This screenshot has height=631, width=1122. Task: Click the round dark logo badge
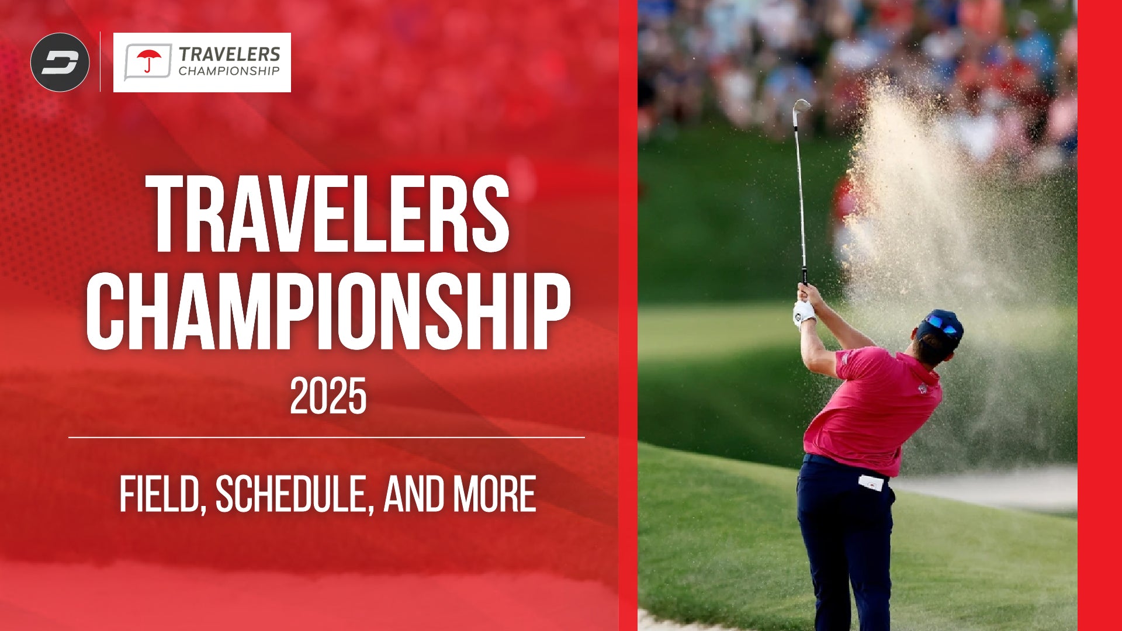click(60, 62)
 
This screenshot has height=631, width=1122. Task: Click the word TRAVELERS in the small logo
click(229, 54)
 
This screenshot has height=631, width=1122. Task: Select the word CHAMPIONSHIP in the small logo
click(229, 71)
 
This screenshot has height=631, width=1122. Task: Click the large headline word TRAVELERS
click(327, 214)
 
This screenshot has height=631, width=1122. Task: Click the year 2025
click(328, 396)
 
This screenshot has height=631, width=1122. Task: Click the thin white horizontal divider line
click(327, 437)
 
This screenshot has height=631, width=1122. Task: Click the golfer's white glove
click(804, 313)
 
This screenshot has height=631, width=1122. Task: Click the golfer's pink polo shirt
click(874, 409)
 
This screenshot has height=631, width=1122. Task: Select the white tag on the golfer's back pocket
click(871, 483)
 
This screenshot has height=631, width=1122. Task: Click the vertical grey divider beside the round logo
click(101, 61)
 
